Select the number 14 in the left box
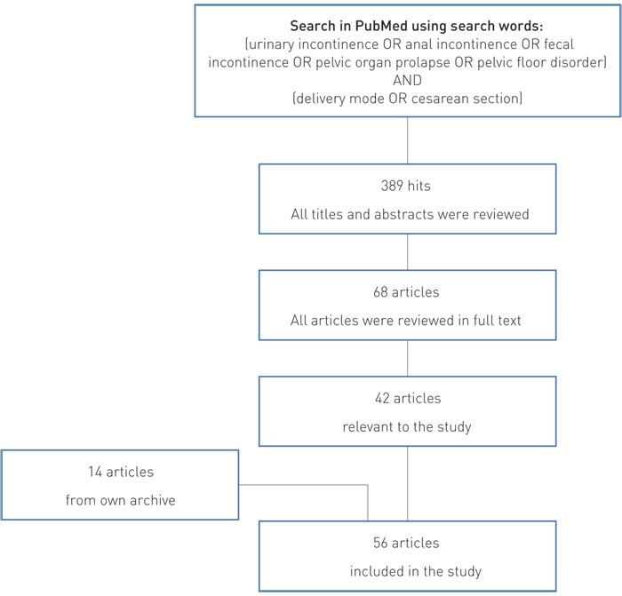click(79, 473)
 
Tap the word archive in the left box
click(148, 500)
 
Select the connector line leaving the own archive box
click(302, 486)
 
